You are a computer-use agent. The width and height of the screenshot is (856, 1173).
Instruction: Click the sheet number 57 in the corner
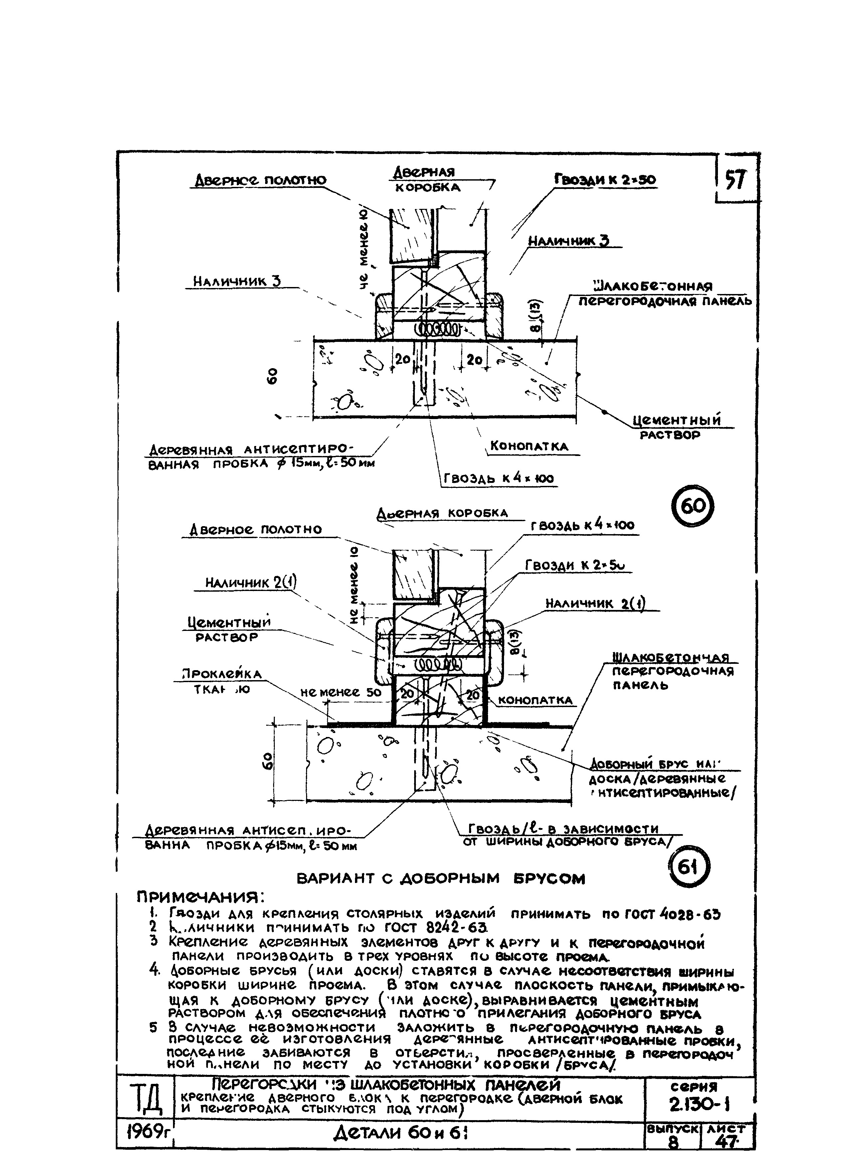pyautogui.click(x=735, y=180)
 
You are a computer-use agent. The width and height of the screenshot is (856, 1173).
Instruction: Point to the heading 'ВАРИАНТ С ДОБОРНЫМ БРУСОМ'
pyautogui.click(x=440, y=879)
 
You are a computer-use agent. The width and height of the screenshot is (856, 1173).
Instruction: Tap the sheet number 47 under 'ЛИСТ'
pyautogui.click(x=727, y=1157)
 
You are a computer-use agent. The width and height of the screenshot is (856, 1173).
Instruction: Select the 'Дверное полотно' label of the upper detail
pyautogui.click(x=260, y=180)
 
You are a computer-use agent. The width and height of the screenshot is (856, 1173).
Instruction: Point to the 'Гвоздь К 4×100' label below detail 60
pyautogui.click(x=498, y=479)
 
